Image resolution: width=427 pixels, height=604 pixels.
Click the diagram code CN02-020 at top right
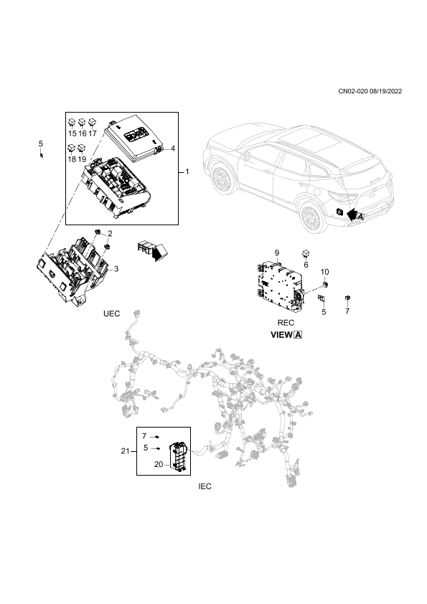click(x=352, y=91)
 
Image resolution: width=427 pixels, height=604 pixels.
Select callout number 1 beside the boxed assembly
click(x=187, y=171)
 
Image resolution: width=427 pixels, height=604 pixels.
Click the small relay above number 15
click(x=72, y=123)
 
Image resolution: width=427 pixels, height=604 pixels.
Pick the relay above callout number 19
click(x=82, y=148)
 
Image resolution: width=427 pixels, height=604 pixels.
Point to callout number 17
click(x=92, y=133)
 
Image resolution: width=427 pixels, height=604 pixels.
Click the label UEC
click(x=111, y=313)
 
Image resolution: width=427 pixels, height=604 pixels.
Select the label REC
click(x=286, y=322)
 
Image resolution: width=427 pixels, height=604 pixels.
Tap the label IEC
click(x=205, y=486)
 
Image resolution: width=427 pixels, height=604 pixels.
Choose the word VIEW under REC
click(x=281, y=335)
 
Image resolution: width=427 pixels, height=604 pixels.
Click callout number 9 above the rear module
click(x=277, y=253)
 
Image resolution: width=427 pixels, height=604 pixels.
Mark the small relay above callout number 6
click(x=306, y=253)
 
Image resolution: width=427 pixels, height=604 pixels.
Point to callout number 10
click(x=325, y=272)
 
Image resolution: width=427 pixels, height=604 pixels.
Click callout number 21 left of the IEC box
click(x=126, y=450)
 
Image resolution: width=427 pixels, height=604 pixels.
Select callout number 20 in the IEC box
click(x=159, y=465)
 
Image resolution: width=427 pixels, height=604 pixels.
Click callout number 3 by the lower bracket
click(x=116, y=269)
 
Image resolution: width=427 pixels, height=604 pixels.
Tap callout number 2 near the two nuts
click(x=110, y=233)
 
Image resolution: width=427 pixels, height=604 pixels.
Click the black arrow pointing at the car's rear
click(x=352, y=214)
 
